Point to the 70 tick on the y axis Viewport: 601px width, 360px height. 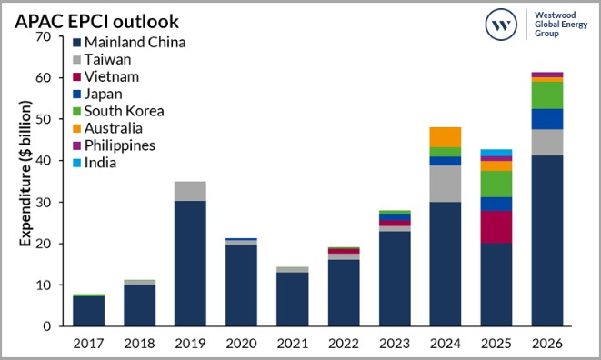39,37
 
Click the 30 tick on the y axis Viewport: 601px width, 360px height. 39,203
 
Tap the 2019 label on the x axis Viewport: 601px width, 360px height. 190,343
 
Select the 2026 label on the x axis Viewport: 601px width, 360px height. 546,343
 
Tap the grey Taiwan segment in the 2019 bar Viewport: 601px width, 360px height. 190,191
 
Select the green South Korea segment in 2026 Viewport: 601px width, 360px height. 546,95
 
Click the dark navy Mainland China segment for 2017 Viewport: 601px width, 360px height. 88,311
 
